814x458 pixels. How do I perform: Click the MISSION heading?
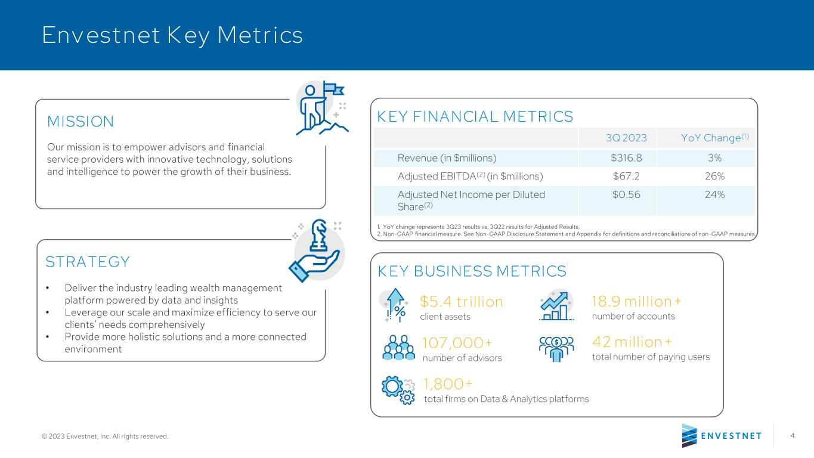click(x=81, y=122)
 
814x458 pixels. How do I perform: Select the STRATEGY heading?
click(x=87, y=262)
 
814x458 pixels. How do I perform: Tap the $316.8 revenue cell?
click(x=626, y=158)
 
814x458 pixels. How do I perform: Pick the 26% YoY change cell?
click(x=714, y=176)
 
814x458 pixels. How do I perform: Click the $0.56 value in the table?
click(x=626, y=194)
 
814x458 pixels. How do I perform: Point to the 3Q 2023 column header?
click(x=626, y=138)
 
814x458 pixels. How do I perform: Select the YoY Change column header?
click(x=714, y=137)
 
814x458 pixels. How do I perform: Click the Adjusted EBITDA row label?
click(x=470, y=176)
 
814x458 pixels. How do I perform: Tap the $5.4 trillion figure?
click(x=461, y=301)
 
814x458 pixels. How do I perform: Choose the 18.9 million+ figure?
click(x=636, y=301)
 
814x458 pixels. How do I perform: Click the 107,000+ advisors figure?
click(x=457, y=343)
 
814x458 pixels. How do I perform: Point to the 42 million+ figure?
click(x=632, y=342)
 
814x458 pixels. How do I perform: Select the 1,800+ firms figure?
click(x=448, y=384)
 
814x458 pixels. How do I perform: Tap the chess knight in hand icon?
click(x=315, y=251)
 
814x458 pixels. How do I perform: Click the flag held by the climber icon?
click(x=334, y=89)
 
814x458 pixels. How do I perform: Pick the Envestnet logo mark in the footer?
click(x=689, y=435)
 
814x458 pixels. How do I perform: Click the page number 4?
click(x=792, y=435)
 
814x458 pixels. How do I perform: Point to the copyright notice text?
click(x=105, y=436)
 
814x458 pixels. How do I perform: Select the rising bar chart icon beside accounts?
click(x=556, y=305)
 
